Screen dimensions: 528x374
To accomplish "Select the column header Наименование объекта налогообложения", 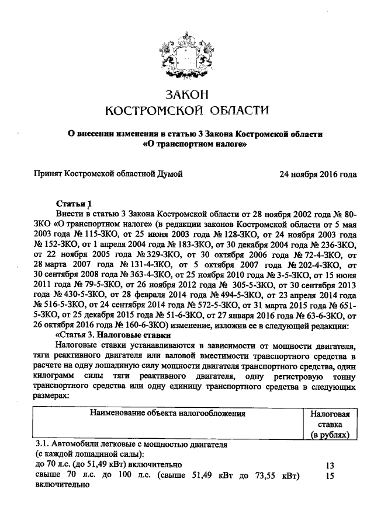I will (x=167, y=413).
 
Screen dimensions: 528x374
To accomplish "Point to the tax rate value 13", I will (x=330, y=466).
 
